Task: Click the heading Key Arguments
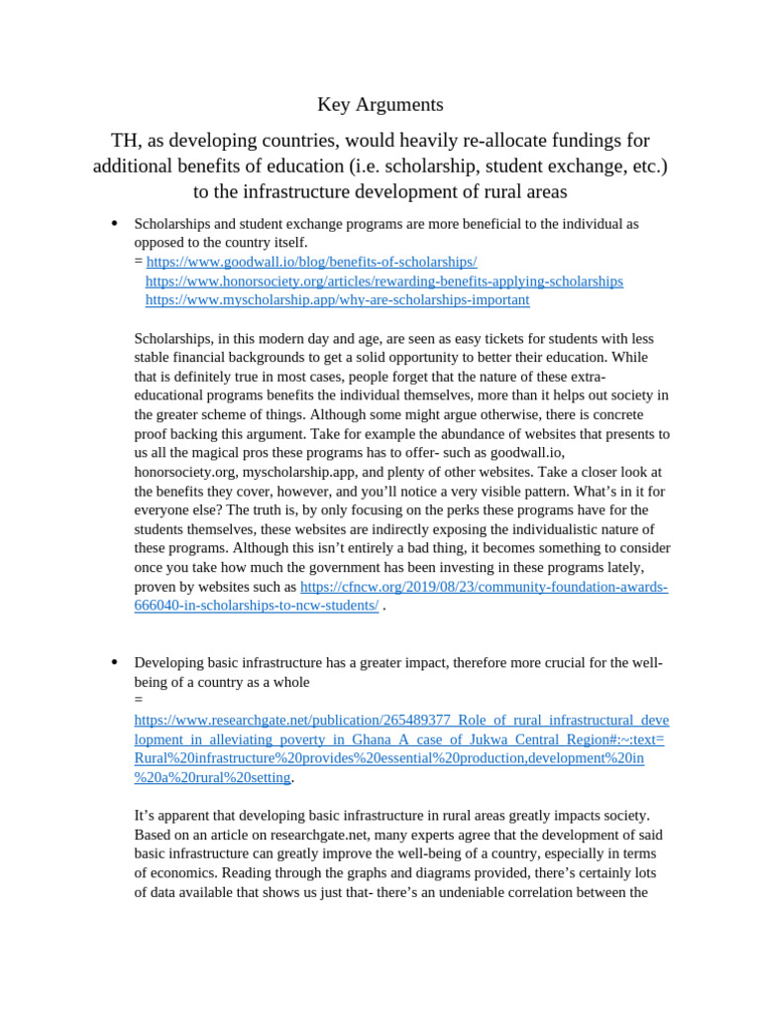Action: tap(380, 104)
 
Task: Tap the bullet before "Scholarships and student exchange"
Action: tap(115, 223)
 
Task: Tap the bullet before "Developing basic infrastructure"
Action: tap(115, 662)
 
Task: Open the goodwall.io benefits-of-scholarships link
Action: tap(311, 262)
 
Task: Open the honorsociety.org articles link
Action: tap(383, 281)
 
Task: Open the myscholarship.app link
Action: tap(337, 299)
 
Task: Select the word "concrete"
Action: tap(615, 414)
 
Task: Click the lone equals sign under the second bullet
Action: tap(139, 700)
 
